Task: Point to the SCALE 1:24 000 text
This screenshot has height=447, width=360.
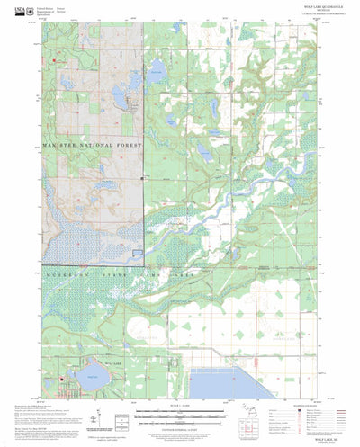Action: point(180,407)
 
